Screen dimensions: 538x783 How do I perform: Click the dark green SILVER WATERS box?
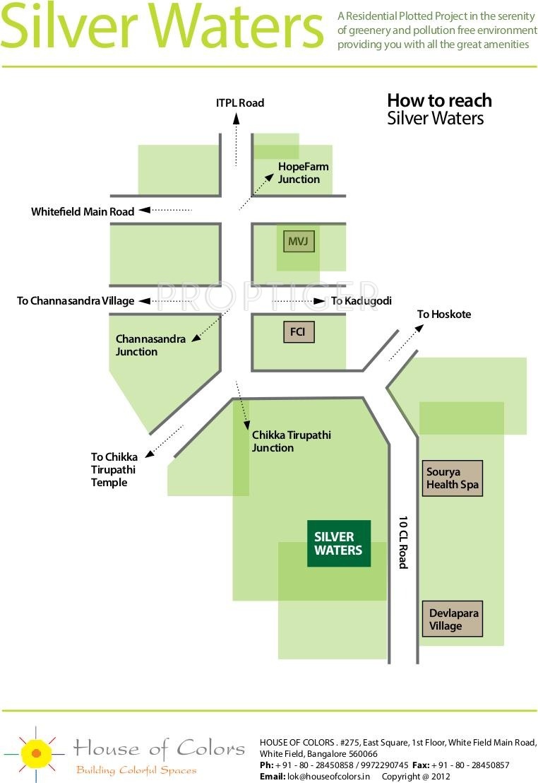pos(339,543)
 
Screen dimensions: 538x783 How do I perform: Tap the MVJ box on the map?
pos(299,241)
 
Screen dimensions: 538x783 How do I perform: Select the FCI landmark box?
pos(298,331)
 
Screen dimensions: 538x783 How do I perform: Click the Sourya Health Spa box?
pos(452,478)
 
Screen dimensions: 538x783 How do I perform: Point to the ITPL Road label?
pos(240,103)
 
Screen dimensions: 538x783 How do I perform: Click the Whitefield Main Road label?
pos(83,212)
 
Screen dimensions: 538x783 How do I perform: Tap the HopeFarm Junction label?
pos(303,172)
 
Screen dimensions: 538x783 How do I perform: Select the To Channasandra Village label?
pos(76,300)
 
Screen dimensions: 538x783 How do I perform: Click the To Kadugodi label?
pos(361,300)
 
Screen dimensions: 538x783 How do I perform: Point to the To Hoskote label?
pos(444,314)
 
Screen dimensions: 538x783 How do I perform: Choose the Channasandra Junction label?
pos(150,345)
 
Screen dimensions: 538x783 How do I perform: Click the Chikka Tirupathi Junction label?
pos(291,442)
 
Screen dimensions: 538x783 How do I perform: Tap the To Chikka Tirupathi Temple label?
pos(114,469)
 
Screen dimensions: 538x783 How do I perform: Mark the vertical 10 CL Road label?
pos(403,542)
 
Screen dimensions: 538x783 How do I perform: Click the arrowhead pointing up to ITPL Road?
pos(237,119)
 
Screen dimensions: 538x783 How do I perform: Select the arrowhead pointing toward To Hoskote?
pos(419,328)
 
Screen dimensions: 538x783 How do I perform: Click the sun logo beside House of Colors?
pos(35,753)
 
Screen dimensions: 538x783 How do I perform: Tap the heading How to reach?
pos(439,100)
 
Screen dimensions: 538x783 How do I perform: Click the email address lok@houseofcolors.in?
pos(328,777)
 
